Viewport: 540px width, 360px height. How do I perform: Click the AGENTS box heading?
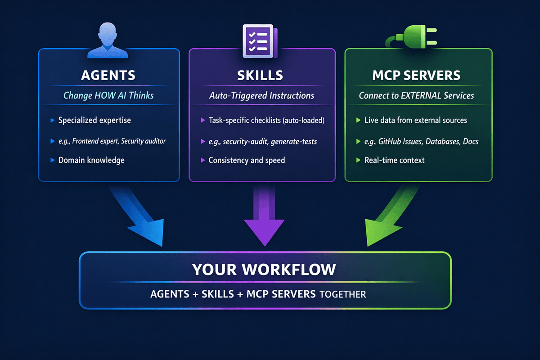click(108, 75)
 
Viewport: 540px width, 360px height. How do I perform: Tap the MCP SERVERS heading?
click(417, 75)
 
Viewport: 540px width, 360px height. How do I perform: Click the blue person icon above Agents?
click(107, 40)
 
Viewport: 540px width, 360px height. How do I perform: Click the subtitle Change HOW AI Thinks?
click(108, 95)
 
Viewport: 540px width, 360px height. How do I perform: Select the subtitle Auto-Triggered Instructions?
click(262, 95)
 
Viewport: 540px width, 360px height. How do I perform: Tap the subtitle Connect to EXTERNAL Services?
click(417, 95)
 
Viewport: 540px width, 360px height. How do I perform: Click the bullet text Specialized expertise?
click(95, 121)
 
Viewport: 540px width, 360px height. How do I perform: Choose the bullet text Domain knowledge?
click(91, 160)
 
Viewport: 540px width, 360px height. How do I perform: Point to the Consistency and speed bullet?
click(247, 160)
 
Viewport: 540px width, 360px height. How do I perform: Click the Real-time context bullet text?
click(395, 160)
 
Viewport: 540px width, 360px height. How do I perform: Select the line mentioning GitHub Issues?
click(421, 141)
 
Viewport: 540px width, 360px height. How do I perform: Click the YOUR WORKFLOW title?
click(264, 269)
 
